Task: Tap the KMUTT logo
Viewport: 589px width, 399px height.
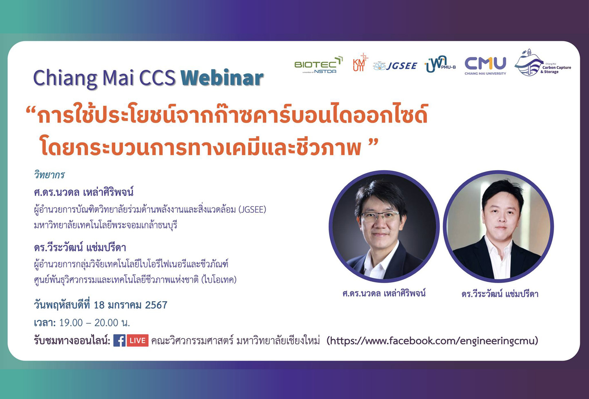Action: point(360,63)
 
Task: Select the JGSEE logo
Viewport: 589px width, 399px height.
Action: point(395,66)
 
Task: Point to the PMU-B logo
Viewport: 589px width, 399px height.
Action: point(440,64)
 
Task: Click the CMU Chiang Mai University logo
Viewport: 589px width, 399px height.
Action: point(485,65)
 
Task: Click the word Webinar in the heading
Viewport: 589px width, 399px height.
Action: point(222,78)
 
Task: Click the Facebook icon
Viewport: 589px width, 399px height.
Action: point(119,340)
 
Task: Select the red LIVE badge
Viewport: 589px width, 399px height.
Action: point(138,340)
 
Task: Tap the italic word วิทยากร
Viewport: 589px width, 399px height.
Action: point(49,175)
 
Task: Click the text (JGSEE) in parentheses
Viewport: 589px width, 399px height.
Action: point(252,209)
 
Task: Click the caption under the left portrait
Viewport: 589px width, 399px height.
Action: point(384,293)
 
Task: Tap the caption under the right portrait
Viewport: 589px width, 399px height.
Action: point(500,294)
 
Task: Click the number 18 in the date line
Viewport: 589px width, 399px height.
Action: point(100,305)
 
